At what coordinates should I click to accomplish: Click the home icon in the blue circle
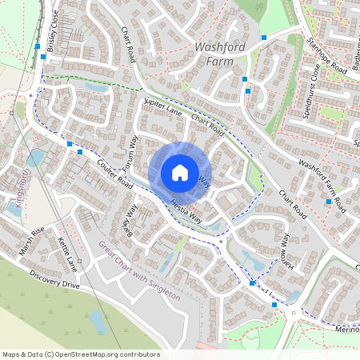(180, 172)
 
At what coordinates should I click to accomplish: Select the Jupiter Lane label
(163, 109)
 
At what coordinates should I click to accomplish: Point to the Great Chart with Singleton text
(140, 270)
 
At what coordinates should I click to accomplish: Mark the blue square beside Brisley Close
(38, 47)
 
